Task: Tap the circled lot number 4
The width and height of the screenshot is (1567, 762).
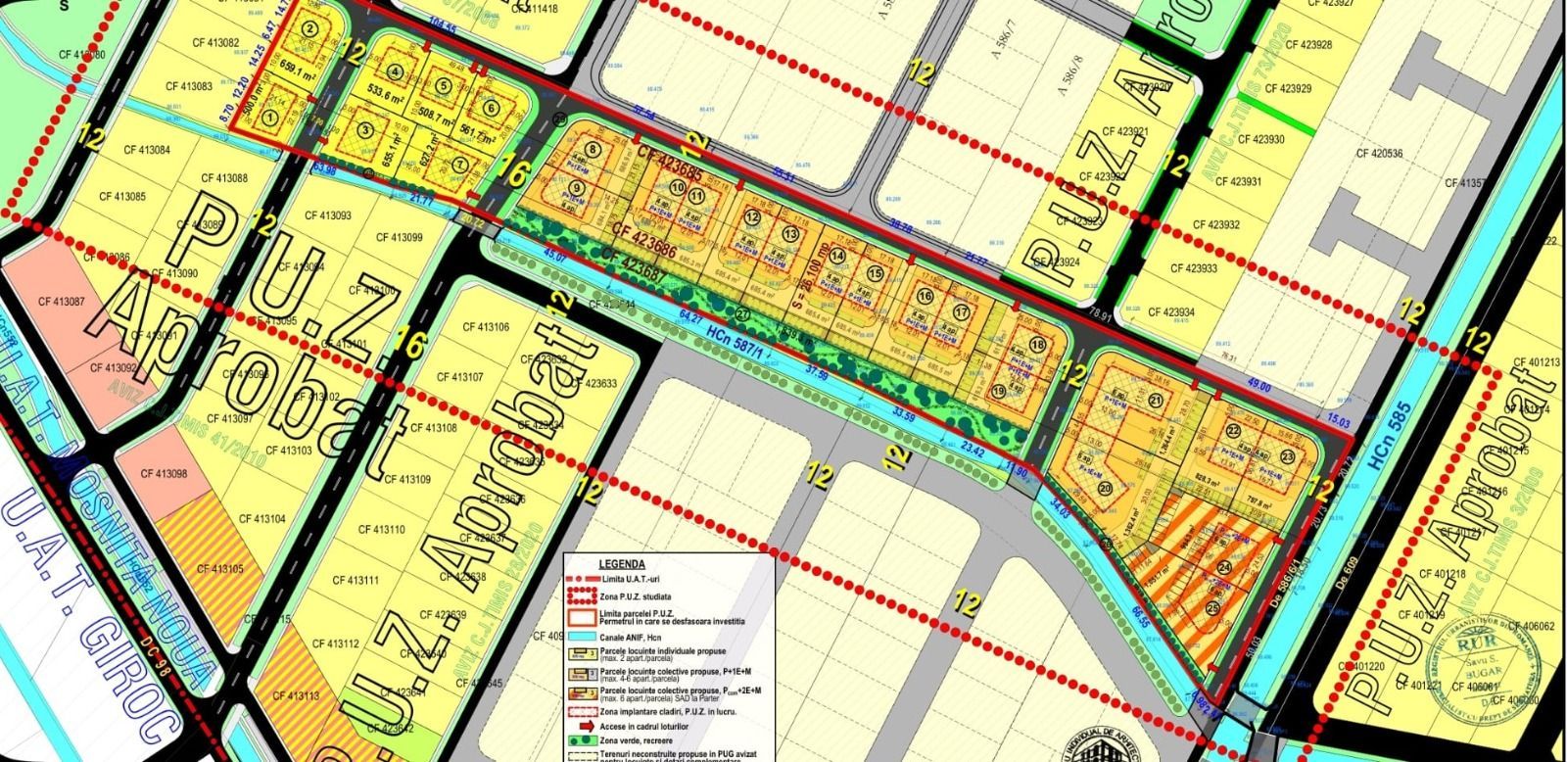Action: [396, 71]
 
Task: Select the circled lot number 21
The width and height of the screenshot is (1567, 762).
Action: [1156, 400]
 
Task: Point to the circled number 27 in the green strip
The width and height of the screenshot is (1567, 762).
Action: [742, 313]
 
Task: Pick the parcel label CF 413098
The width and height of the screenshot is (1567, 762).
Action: [164, 473]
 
